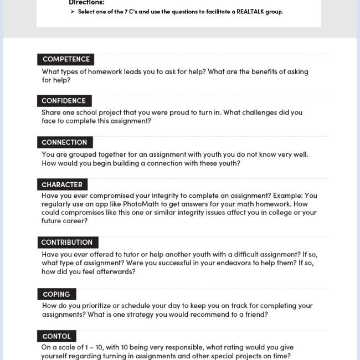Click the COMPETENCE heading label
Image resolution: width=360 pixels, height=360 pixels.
tap(66, 59)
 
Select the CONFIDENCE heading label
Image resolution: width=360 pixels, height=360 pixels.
tap(64, 101)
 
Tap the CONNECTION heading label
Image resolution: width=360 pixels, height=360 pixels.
tap(64, 142)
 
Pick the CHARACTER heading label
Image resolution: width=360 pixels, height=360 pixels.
tap(62, 184)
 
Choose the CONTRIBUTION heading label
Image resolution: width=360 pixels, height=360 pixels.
tap(67, 242)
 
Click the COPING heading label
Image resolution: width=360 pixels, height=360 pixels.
tap(56, 294)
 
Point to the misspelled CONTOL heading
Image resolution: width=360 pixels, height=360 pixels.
tap(56, 336)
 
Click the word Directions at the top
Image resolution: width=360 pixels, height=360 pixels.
tap(86, 3)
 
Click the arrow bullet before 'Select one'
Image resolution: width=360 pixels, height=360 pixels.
tap(73, 12)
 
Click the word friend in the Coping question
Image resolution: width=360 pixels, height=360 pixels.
tap(257, 315)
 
